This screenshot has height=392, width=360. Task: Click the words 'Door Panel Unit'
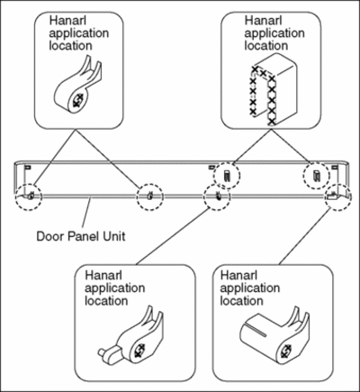[x=81, y=236]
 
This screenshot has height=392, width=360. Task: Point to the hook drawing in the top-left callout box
[x=78, y=86]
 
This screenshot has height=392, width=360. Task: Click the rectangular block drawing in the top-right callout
[x=273, y=89]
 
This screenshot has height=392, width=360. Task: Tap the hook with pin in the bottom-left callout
[x=132, y=336]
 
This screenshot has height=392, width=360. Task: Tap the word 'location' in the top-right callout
[x=266, y=46]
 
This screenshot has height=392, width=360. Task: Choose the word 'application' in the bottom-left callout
[x=115, y=288]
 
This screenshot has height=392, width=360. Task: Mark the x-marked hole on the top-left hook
[x=77, y=100]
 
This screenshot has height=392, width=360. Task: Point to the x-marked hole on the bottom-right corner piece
[x=286, y=351]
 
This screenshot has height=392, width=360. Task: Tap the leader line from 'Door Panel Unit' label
[x=86, y=213]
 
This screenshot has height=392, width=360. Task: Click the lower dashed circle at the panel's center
[x=217, y=184]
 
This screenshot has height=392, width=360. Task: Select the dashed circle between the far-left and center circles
[x=150, y=184]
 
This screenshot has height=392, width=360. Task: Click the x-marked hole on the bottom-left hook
[x=139, y=351]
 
